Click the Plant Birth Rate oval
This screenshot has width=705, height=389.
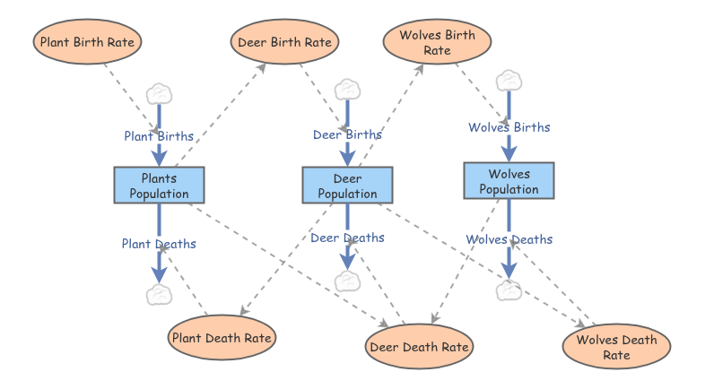(x=87, y=42)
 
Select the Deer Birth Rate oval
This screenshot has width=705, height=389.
(x=284, y=42)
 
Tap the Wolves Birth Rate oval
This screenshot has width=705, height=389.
(x=437, y=42)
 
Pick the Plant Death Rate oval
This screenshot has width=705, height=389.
(x=222, y=337)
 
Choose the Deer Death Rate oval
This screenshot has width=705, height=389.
(x=419, y=346)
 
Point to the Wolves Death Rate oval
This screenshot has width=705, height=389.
(x=616, y=346)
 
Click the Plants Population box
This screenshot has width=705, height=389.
(x=159, y=185)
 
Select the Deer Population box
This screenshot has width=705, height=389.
(x=347, y=185)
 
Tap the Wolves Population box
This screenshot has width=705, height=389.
(x=509, y=180)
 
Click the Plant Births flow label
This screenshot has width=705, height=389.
(x=159, y=136)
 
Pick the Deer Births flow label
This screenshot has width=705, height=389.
(x=347, y=134)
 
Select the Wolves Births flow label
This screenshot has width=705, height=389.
(x=509, y=127)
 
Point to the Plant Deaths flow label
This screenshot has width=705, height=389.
(x=159, y=244)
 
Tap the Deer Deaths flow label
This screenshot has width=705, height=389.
(x=347, y=238)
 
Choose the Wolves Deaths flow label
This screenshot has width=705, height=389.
(x=509, y=239)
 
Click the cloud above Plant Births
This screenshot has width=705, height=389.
(x=159, y=94)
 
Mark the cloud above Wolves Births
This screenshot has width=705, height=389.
(x=509, y=81)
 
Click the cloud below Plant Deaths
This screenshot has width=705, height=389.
(x=159, y=295)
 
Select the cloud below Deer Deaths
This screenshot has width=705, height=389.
(x=347, y=281)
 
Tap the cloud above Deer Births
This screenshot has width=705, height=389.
(x=347, y=90)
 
